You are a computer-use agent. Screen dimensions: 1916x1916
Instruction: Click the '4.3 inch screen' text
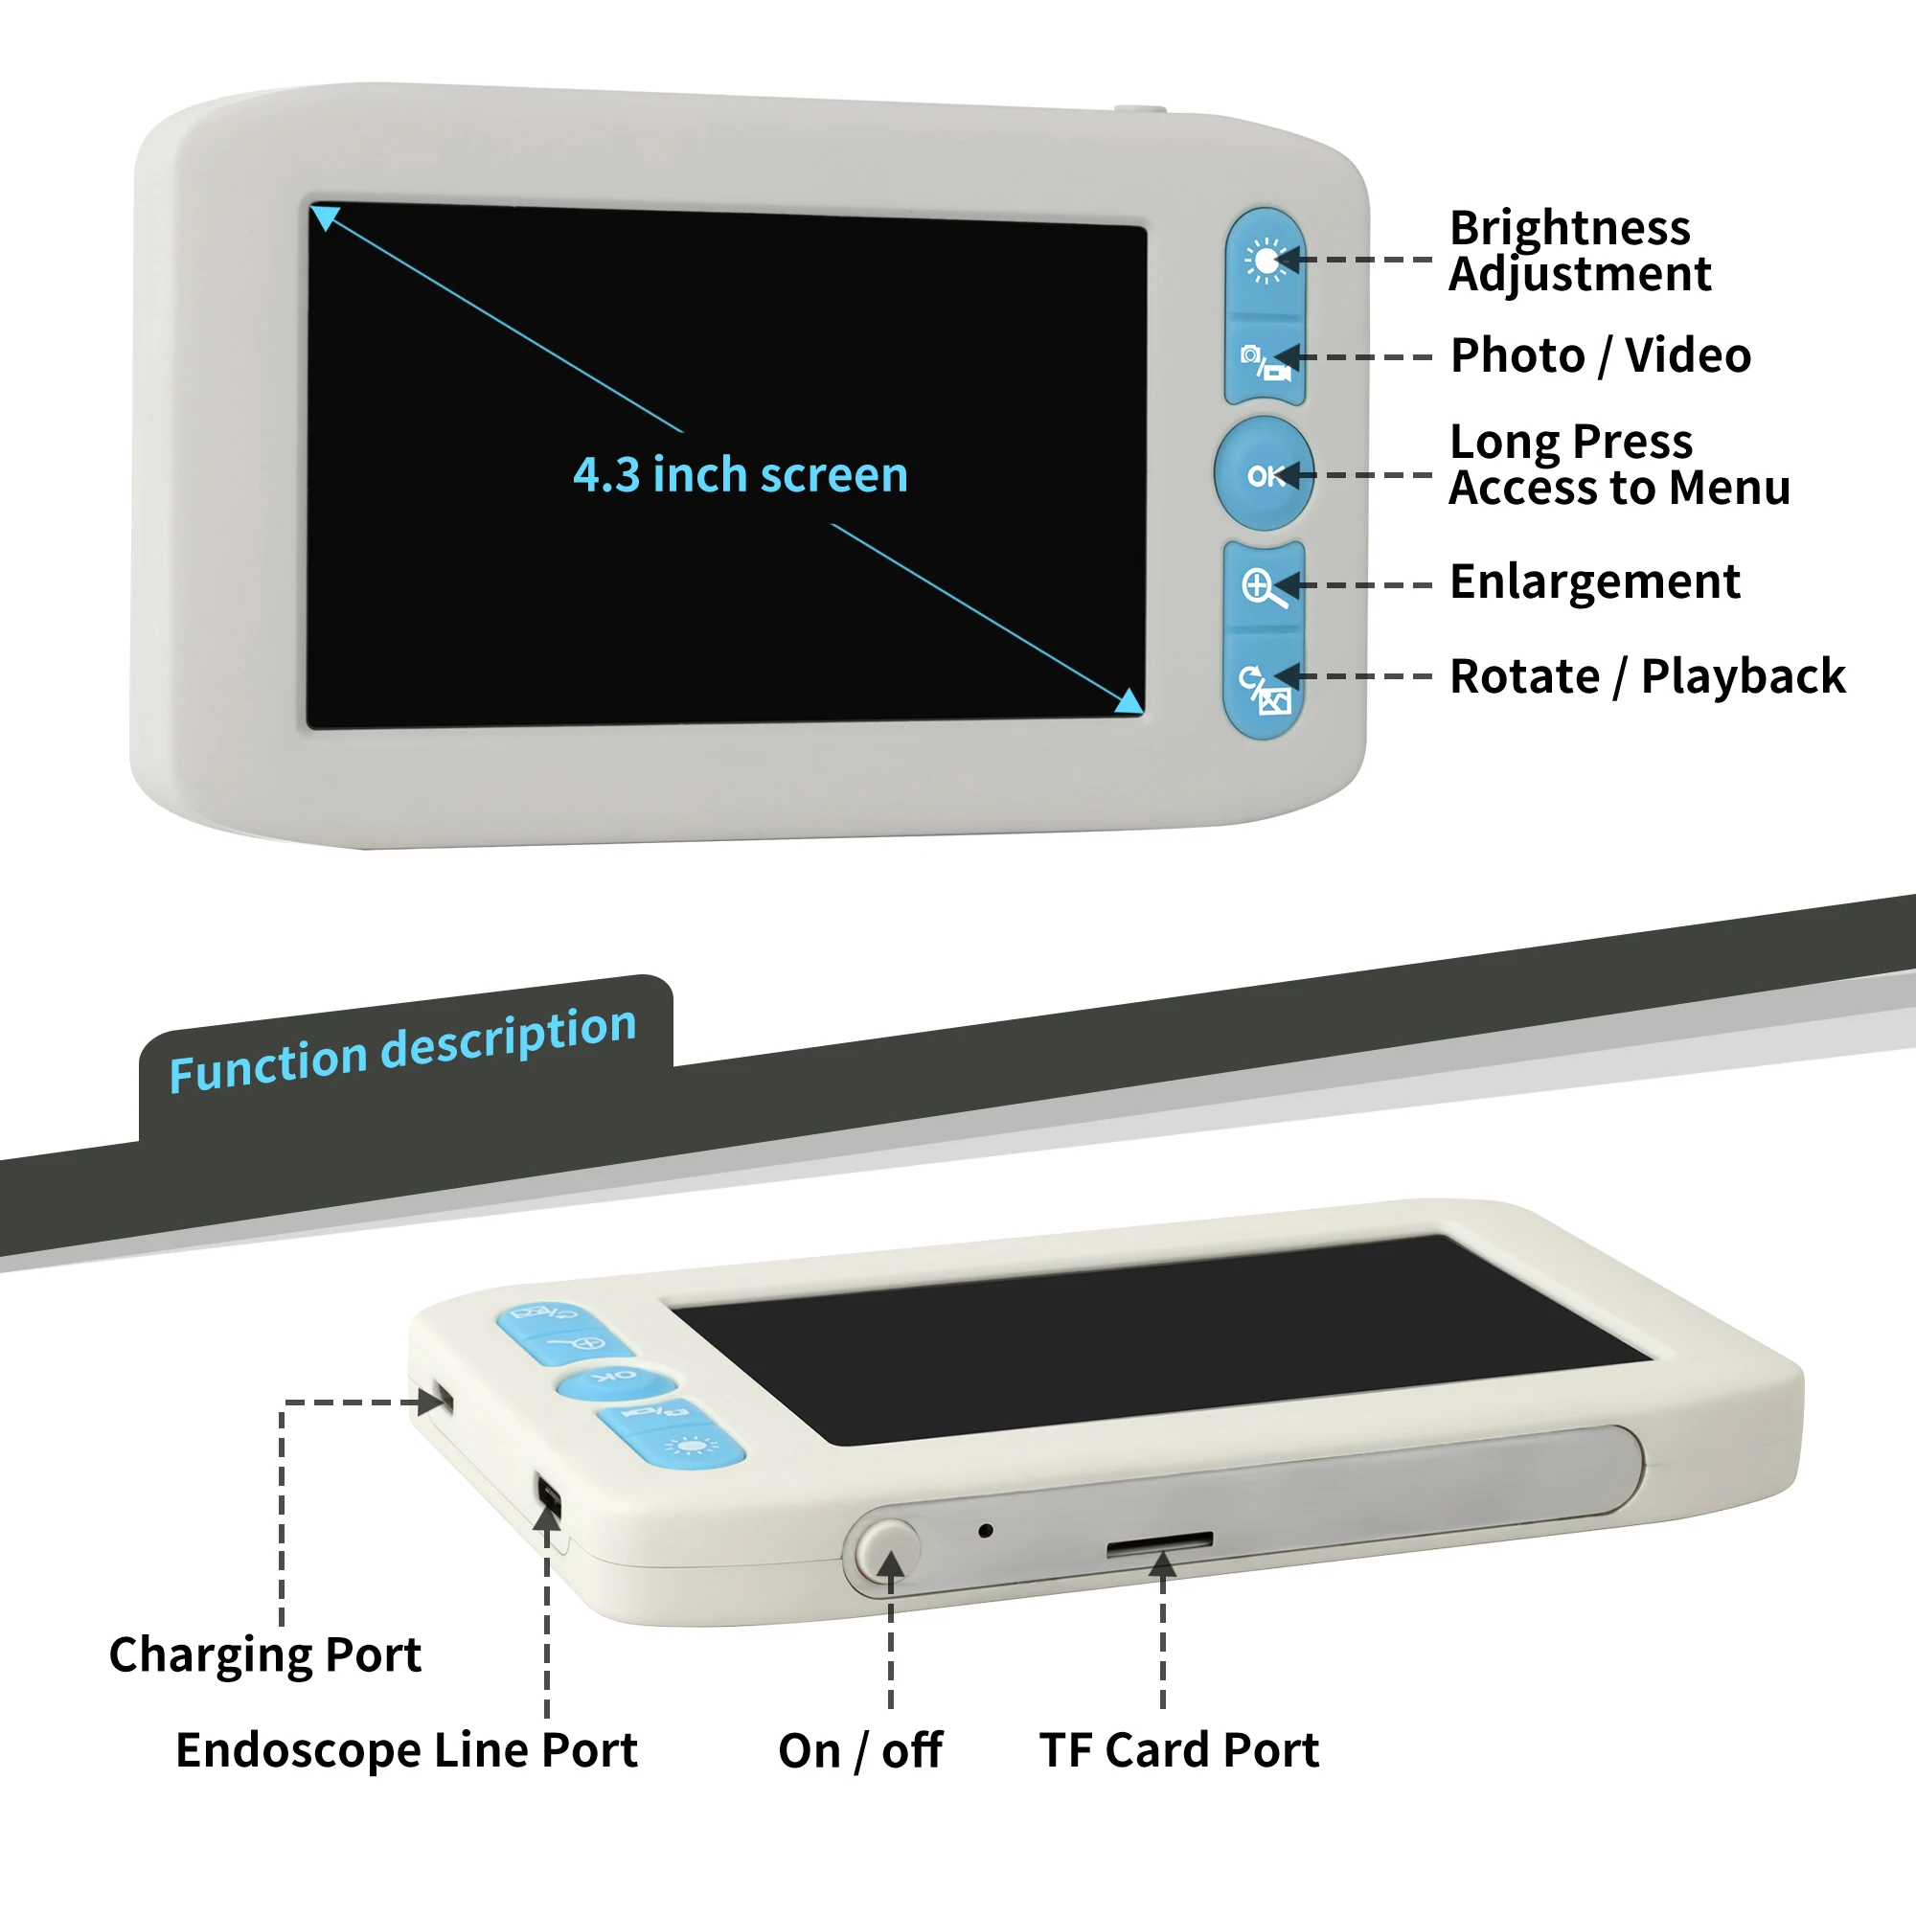[740, 475]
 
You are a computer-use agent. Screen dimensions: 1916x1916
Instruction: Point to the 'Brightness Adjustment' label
[1580, 251]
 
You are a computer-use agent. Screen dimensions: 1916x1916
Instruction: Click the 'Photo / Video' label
[1601, 355]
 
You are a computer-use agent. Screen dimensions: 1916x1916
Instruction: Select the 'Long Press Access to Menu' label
[1619, 464]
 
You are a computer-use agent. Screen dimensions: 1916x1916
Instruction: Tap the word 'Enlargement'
[1595, 582]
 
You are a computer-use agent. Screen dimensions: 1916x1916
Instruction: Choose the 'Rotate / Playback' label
[1647, 676]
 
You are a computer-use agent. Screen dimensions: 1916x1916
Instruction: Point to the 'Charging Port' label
[264, 1654]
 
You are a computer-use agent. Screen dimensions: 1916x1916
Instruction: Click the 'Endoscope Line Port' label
[406, 1749]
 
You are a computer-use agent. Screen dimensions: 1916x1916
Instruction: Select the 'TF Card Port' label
[1179, 1749]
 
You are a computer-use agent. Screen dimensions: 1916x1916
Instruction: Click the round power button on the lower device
[889, 1547]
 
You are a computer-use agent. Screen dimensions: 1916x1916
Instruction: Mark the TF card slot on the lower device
[1159, 1543]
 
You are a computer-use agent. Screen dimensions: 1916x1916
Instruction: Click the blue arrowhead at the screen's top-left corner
[325, 217]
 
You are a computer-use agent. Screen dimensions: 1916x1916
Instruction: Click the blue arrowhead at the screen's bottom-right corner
[1129, 701]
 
